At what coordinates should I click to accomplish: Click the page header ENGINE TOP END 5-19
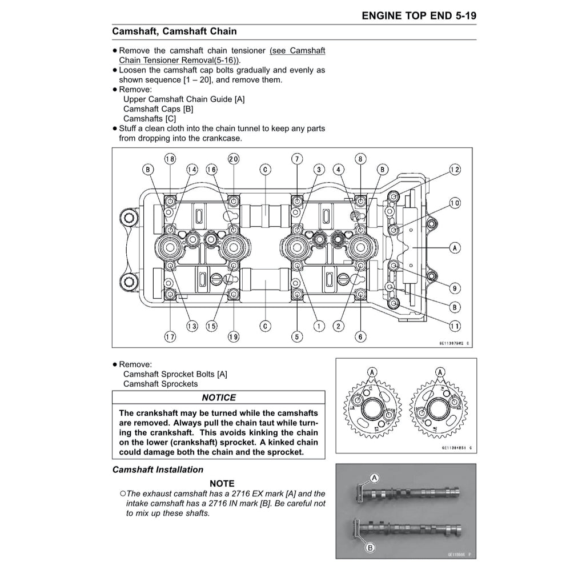click(419, 16)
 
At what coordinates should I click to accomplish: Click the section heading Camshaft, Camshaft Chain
click(174, 31)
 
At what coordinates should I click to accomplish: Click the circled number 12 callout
click(455, 170)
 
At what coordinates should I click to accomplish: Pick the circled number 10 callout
click(455, 203)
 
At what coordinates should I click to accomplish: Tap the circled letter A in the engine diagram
click(455, 248)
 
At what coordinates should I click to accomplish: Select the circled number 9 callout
click(455, 287)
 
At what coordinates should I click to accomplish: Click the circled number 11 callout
click(455, 326)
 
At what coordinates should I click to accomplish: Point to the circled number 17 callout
click(170, 337)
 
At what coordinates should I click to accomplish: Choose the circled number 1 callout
click(319, 326)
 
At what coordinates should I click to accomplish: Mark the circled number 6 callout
click(360, 337)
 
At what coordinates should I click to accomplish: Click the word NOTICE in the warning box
click(218, 398)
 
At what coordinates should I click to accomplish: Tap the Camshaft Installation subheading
click(158, 469)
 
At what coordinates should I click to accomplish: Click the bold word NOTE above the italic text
click(222, 484)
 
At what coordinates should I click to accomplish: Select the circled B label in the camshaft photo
click(370, 548)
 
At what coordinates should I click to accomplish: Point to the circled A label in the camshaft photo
click(375, 477)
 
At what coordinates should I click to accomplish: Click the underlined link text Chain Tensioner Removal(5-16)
click(180, 60)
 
